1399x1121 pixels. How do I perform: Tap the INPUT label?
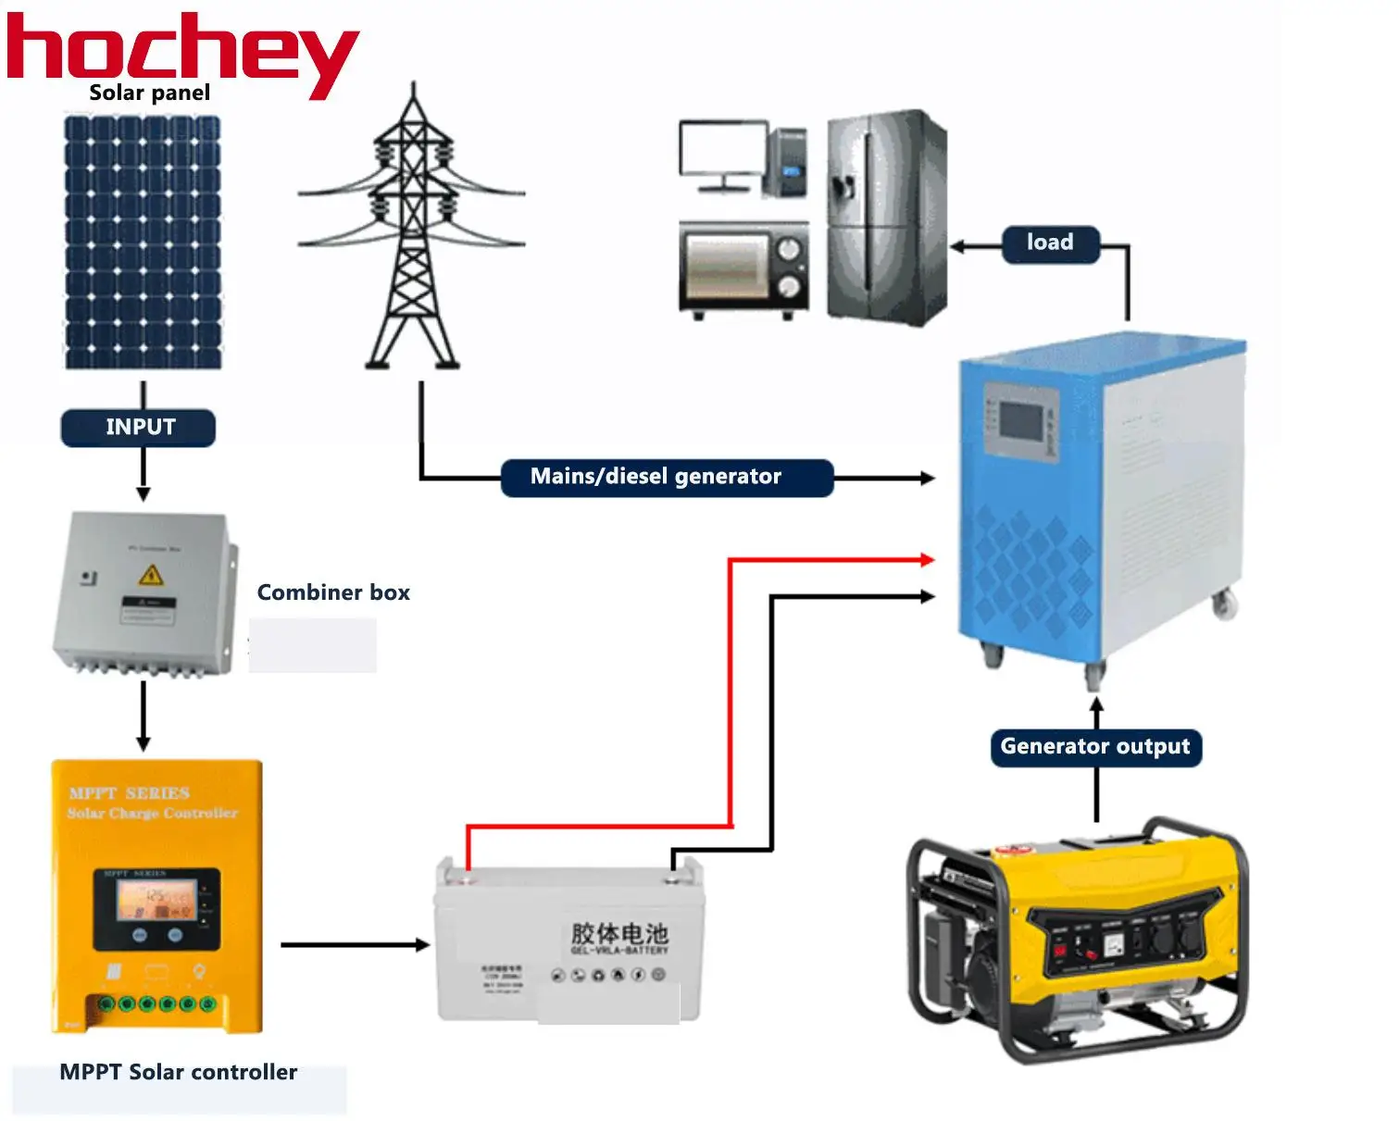tap(139, 427)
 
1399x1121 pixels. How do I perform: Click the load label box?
tap(1050, 243)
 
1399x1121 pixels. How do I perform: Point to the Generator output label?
tap(1095, 747)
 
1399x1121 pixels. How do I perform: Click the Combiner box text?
tap(333, 592)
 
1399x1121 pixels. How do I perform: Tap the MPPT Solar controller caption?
tap(179, 1072)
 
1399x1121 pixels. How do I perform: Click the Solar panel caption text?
tap(150, 93)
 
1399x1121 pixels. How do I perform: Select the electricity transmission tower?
tap(412, 231)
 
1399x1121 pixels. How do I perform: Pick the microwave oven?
tap(743, 268)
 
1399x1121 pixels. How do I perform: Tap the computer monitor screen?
tap(722, 150)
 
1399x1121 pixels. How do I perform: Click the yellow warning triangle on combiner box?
tap(150, 576)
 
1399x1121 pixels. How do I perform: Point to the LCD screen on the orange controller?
tap(156, 900)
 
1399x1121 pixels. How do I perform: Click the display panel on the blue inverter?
tap(1021, 420)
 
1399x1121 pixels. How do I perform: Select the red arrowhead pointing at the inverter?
tap(926, 559)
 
